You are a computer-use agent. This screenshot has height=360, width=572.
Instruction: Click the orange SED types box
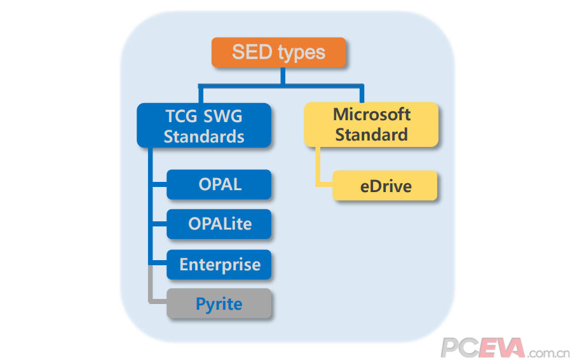click(278, 52)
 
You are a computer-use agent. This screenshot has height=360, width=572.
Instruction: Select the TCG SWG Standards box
click(204, 125)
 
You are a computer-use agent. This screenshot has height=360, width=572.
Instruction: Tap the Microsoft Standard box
click(371, 125)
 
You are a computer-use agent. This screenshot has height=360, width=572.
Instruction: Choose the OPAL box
click(219, 184)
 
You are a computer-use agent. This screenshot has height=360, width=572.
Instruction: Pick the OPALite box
click(219, 224)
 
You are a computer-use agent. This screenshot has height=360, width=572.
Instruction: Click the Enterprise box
click(219, 265)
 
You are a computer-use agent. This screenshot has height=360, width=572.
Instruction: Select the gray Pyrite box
click(219, 303)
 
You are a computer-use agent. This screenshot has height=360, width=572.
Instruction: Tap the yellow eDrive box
click(385, 186)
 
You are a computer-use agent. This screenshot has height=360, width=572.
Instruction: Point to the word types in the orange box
click(301, 53)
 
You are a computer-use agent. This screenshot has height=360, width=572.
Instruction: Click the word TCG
click(181, 116)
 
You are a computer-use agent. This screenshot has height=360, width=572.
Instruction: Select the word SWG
click(222, 116)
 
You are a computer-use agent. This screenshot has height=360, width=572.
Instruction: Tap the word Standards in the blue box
click(204, 137)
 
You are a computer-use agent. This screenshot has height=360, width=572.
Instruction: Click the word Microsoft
click(372, 114)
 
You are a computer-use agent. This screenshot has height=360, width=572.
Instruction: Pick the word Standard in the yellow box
click(371, 134)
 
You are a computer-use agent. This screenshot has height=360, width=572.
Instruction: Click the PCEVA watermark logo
click(505, 348)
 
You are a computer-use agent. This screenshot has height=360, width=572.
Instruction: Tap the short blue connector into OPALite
click(160, 224)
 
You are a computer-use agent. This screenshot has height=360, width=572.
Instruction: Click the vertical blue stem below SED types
click(283, 76)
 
